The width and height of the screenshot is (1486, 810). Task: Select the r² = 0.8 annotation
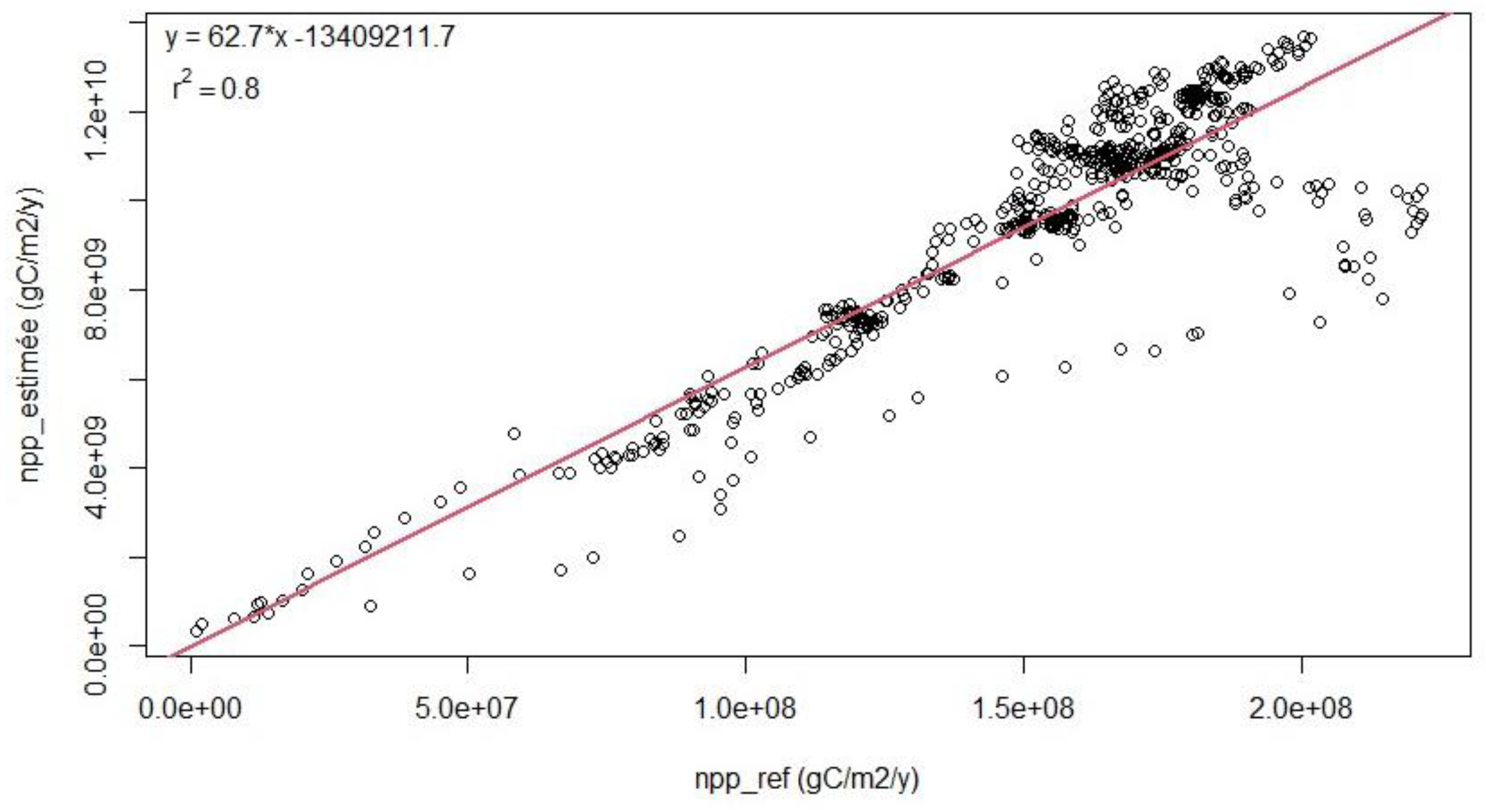coord(216,88)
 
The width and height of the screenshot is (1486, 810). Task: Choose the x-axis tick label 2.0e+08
coord(1301,708)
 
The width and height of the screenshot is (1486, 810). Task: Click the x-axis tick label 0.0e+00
coord(190,708)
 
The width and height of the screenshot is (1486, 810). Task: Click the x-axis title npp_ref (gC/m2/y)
coord(807,779)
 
